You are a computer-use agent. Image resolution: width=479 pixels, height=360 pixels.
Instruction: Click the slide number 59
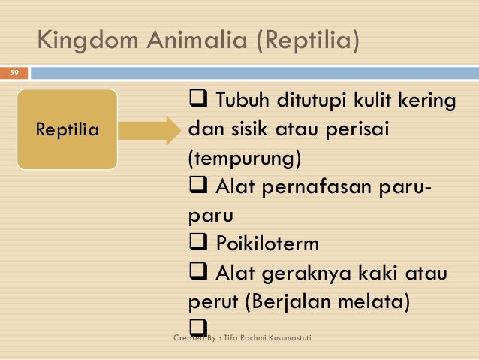pyautogui.click(x=13, y=73)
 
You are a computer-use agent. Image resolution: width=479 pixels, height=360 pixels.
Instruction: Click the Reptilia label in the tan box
pyautogui.click(x=68, y=129)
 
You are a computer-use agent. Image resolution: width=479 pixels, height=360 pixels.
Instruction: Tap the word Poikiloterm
pyautogui.click(x=267, y=245)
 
